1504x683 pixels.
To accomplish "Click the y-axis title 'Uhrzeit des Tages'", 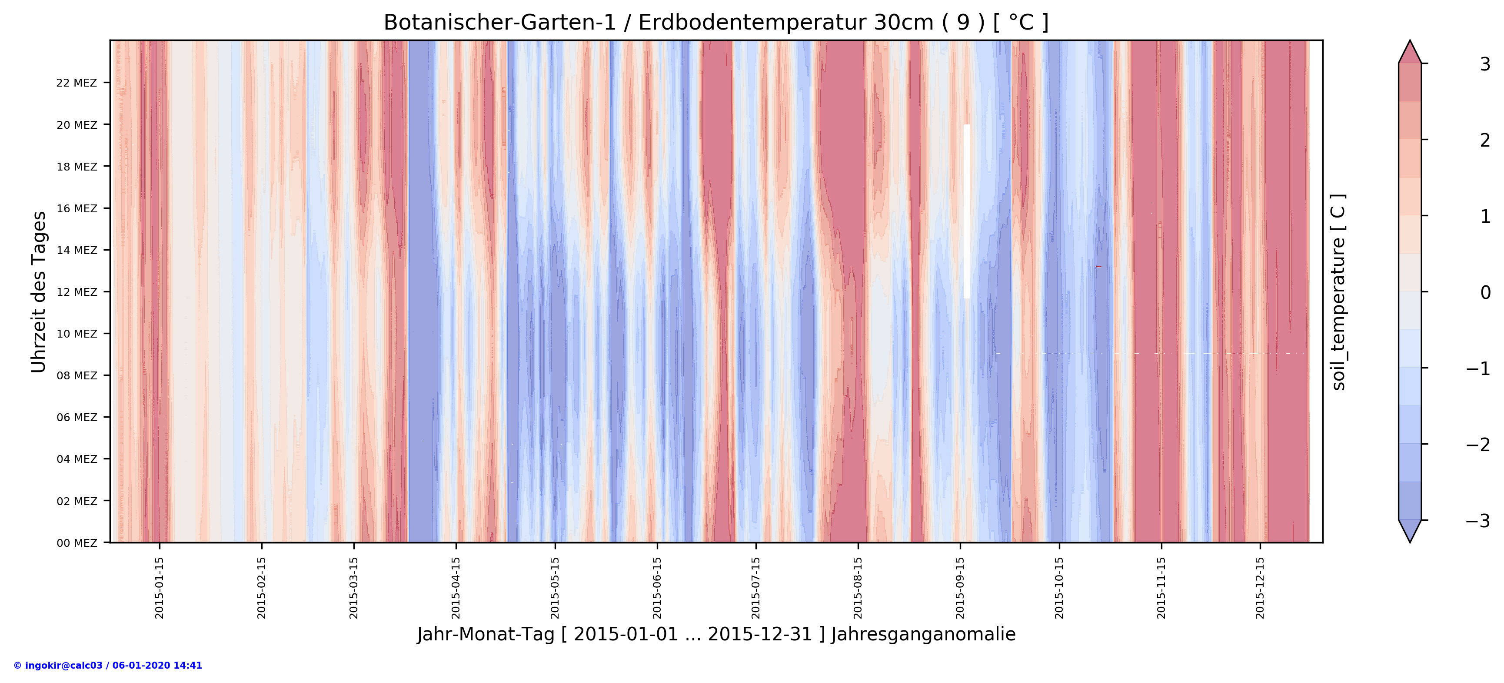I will pyautogui.click(x=39, y=291).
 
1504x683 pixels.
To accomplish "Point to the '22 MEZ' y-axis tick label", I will pyautogui.click(x=77, y=83).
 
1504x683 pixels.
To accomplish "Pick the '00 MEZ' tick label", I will pyautogui.click(x=77, y=543).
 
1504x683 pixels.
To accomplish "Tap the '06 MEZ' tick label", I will pyautogui.click(x=77, y=417).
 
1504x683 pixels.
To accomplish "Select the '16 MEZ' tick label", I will pyautogui.click(x=77, y=208).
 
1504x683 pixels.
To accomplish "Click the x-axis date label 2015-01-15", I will pyautogui.click(x=160, y=587).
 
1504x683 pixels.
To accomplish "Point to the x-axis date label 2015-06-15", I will pyautogui.click(x=657, y=587).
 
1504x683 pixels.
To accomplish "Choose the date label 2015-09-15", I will pyautogui.click(x=960, y=587).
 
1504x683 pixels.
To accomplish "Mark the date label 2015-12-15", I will pyautogui.click(x=1260, y=587).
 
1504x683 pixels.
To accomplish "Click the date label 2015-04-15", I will pyautogui.click(x=456, y=587).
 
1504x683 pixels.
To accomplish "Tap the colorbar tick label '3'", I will pyautogui.click(x=1485, y=64).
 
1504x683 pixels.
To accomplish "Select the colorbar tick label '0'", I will pyautogui.click(x=1485, y=292).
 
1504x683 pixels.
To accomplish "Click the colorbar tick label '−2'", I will pyautogui.click(x=1478, y=445).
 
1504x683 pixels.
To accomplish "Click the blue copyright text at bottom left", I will pyautogui.click(x=108, y=666).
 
